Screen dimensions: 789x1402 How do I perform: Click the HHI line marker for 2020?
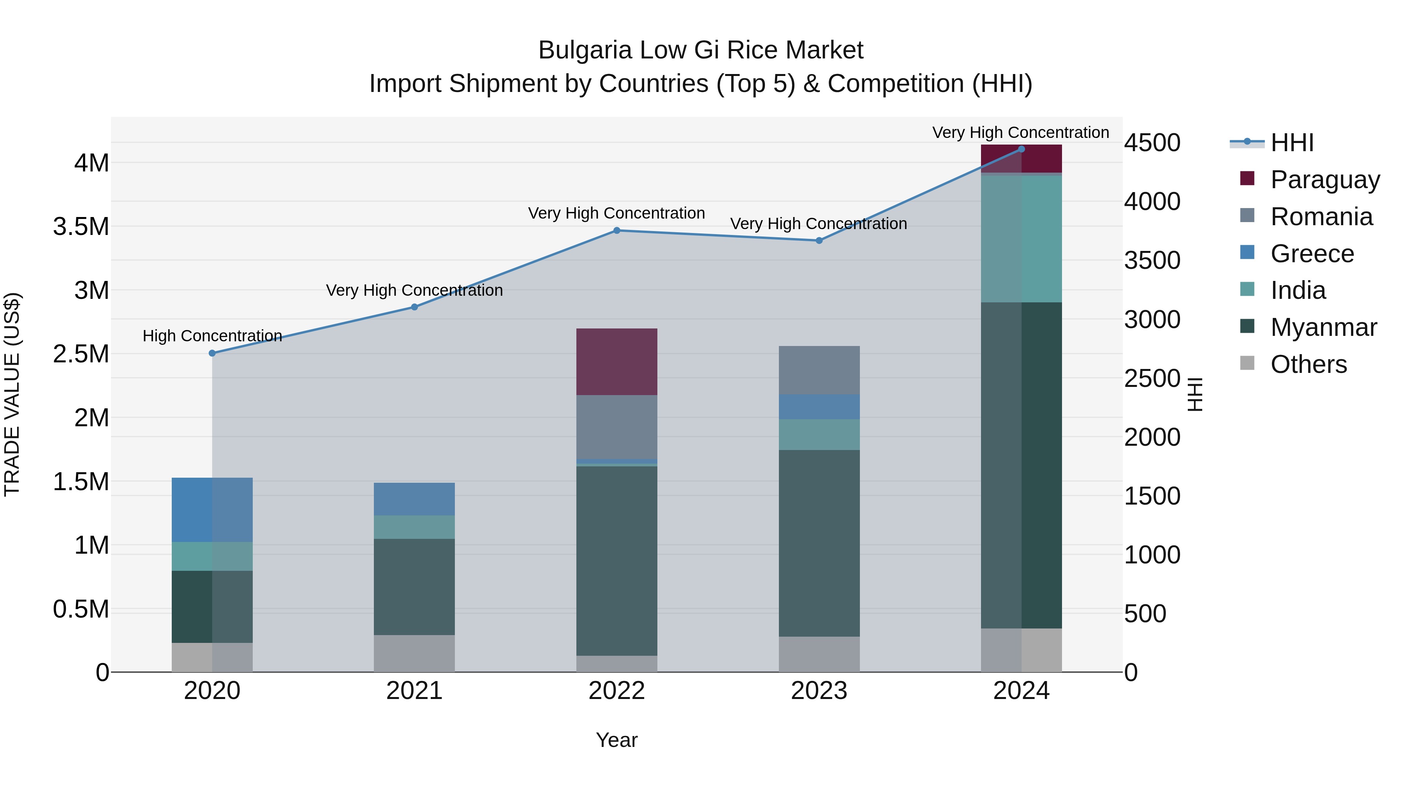212,353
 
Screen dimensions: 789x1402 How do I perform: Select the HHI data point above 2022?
616,230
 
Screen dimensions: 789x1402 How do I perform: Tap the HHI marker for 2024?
1021,149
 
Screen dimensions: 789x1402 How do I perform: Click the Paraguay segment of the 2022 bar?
616,362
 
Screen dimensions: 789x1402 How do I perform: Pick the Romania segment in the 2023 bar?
819,370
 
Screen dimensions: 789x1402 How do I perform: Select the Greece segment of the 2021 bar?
414,499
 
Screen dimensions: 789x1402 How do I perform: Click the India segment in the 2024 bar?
1021,238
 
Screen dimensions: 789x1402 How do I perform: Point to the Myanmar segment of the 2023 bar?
819,543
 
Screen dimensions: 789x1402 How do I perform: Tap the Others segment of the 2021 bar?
414,653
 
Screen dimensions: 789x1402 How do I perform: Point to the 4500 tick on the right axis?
1152,143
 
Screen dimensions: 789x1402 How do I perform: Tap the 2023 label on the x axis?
819,691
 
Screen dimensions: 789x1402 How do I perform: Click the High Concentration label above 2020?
212,336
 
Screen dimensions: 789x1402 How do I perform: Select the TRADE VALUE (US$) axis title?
12,394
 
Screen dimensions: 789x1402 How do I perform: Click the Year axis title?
616,740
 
